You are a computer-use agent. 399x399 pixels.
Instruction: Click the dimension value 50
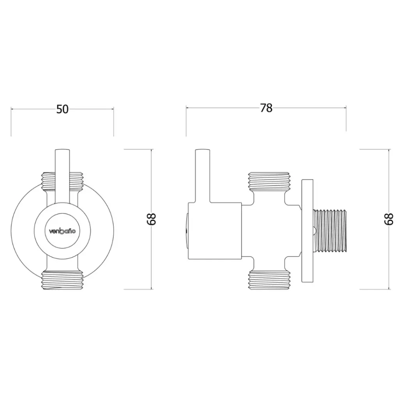(x=62, y=109)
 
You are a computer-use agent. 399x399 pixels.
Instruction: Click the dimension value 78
(x=266, y=108)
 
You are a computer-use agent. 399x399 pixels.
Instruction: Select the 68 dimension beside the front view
(x=152, y=219)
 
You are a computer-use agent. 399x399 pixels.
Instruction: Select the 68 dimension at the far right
(x=388, y=219)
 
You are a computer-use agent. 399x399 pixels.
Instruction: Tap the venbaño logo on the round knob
(x=62, y=231)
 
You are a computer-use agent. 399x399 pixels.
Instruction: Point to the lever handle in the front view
(x=62, y=175)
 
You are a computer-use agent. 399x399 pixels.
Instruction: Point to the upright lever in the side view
(x=203, y=175)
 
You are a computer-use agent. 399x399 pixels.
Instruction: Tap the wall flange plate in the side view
(x=307, y=231)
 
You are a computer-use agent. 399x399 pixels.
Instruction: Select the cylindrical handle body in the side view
(x=215, y=231)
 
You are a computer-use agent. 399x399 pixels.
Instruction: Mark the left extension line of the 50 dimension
(x=11, y=122)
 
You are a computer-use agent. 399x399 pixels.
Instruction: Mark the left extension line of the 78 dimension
(x=186, y=121)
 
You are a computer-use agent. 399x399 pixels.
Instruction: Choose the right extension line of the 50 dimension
(x=114, y=122)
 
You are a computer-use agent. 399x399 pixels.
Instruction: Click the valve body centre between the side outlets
(x=269, y=231)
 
